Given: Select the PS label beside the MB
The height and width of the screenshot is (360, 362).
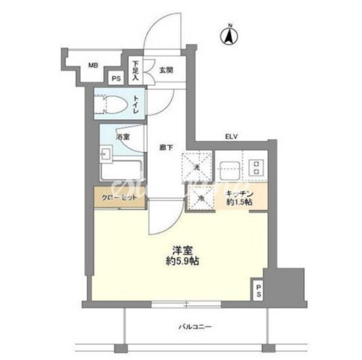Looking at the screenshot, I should tap(115, 78).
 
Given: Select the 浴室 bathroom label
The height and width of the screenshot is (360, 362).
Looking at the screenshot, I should tap(121, 137).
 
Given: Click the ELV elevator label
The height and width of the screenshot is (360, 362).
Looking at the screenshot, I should tap(232, 137).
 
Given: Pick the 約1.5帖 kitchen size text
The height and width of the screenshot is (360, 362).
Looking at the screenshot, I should tap(240, 203).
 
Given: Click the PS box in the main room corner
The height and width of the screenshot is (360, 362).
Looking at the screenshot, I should tap(258, 291).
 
